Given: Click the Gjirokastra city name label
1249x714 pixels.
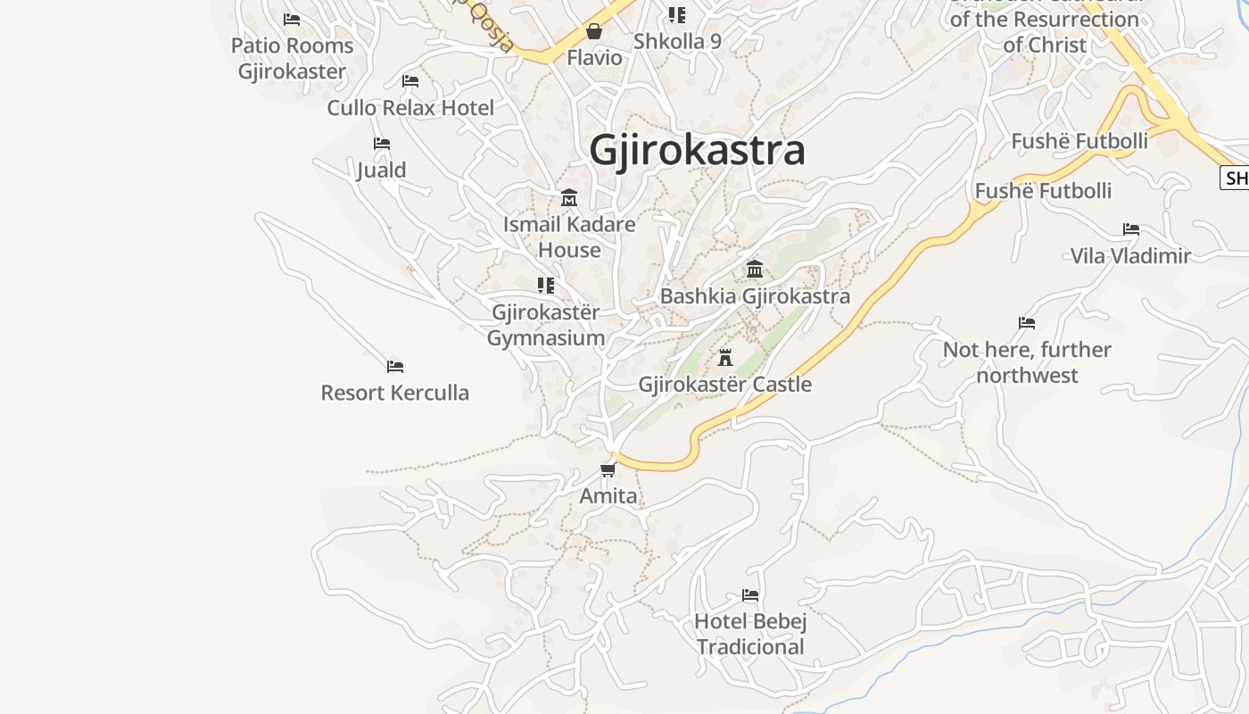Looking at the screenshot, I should point(697,150).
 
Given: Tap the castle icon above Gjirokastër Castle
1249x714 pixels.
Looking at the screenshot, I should point(725,358).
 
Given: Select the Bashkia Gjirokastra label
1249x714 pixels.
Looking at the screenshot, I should point(755,296).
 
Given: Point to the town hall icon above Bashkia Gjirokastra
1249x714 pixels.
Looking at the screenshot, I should point(755,269).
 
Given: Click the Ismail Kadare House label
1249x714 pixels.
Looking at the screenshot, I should point(569,237).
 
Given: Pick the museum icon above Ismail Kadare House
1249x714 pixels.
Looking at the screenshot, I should point(569,197).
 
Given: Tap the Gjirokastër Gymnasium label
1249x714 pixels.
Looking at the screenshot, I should point(546,325).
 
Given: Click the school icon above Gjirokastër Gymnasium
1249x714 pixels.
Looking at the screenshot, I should point(546,286).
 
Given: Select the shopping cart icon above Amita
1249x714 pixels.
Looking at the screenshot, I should point(608,469).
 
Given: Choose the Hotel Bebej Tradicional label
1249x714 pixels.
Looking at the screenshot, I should point(750,634).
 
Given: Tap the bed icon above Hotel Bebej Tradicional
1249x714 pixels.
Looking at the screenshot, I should point(750,594).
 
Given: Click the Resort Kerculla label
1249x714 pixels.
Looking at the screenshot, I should point(394,393).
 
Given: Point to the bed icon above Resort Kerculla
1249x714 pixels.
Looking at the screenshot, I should point(395,366).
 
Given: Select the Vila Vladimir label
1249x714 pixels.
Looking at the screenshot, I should point(1130,256).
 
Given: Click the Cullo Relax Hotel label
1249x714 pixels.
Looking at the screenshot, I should point(410,108).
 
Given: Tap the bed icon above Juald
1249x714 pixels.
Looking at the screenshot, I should point(382,143).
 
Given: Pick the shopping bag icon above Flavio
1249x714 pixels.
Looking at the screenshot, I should point(594,32).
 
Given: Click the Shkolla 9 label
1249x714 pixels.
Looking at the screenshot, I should point(677,41).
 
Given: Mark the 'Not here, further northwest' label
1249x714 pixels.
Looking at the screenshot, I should point(1027,362).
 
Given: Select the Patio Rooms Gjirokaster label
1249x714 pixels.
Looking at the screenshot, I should point(292,58).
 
